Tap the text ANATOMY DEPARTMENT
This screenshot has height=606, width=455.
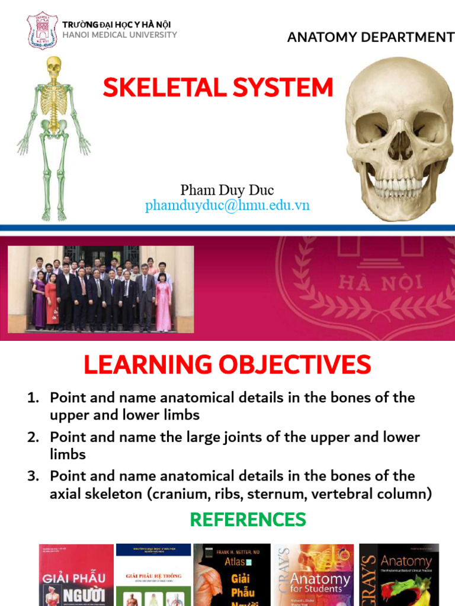[x=370, y=38]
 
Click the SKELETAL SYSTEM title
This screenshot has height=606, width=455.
[x=218, y=88]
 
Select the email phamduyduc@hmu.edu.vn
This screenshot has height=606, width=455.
[x=227, y=205]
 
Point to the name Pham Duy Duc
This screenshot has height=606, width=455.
[x=227, y=190]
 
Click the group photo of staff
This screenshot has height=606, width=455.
[x=101, y=289]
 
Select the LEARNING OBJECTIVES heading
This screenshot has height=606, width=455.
[x=227, y=365]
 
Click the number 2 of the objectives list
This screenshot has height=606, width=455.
[x=33, y=437]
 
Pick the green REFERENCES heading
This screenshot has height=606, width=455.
[x=248, y=520]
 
